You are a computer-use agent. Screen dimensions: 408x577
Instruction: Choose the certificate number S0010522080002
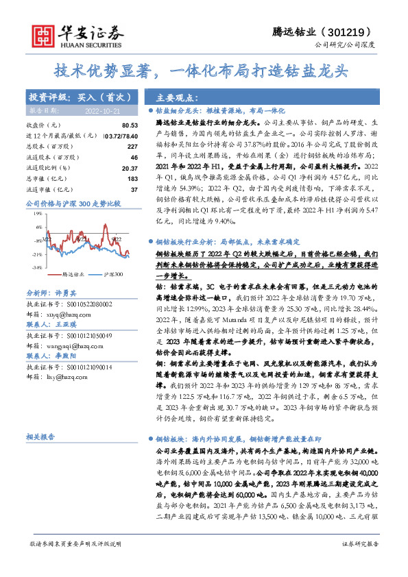(87, 302)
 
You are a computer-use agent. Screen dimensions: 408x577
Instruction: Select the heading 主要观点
(178, 99)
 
